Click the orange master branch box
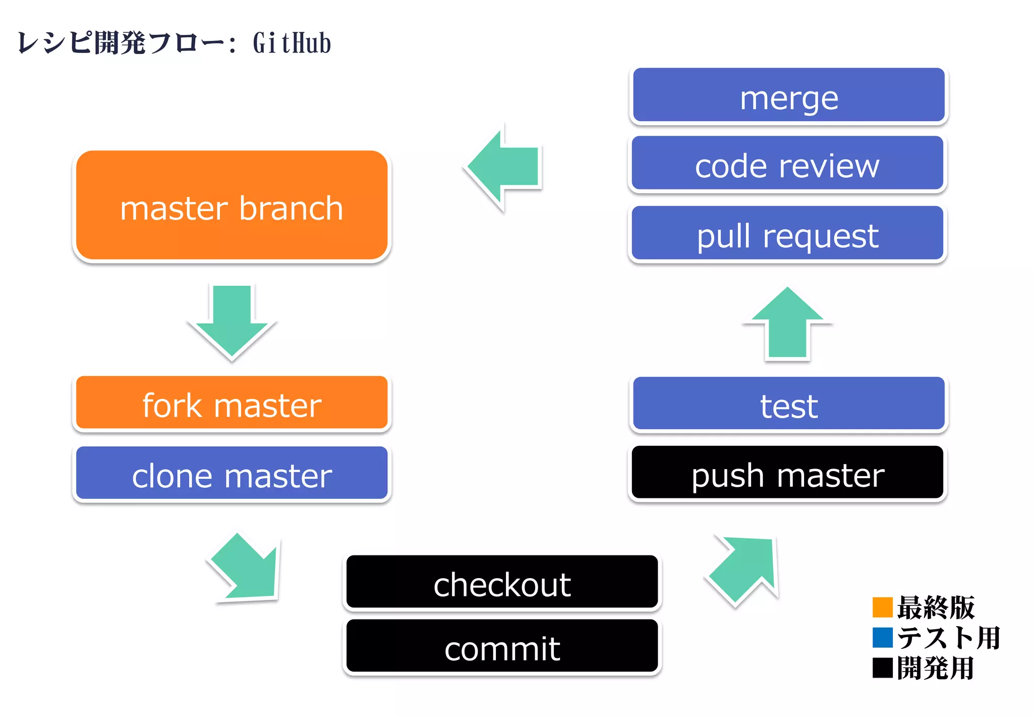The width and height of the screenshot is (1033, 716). pyautogui.click(x=232, y=206)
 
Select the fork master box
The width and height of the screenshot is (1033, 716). pyautogui.click(x=232, y=403)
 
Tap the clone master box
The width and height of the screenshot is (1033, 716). pyautogui.click(x=232, y=474)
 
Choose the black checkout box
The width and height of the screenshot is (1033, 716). pyautogui.click(x=502, y=582)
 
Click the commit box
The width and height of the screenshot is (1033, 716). pyautogui.click(x=502, y=646)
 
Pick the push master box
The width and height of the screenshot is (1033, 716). pyautogui.click(x=787, y=473)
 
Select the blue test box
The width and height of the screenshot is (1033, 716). pyautogui.click(x=788, y=404)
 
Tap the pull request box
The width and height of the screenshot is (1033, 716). pyautogui.click(x=787, y=234)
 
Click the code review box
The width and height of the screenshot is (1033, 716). pyautogui.click(x=787, y=164)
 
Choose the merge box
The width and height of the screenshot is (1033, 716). pyautogui.click(x=788, y=96)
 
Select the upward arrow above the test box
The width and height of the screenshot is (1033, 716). pyautogui.click(x=787, y=323)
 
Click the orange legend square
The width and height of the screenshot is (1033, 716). pyautogui.click(x=882, y=607)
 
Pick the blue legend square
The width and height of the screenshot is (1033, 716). pyautogui.click(x=882, y=637)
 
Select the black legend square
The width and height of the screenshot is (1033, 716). pyautogui.click(x=882, y=668)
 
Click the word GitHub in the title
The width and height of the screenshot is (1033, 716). pyautogui.click(x=292, y=43)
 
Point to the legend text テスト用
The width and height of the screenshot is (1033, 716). pyautogui.click(x=948, y=637)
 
